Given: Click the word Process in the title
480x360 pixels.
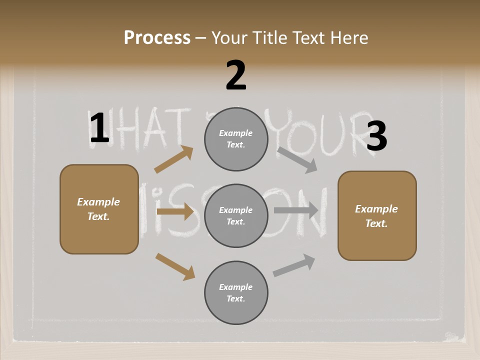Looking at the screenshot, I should click(157, 38).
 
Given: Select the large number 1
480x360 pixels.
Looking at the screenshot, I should click(99, 128).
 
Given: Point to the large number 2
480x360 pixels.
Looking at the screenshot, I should click(236, 76).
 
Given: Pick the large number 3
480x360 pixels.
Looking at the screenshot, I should click(376, 136).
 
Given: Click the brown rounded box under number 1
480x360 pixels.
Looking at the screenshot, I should click(99, 209).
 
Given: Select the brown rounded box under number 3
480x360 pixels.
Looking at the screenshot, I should click(377, 216).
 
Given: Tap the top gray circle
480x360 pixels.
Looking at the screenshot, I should click(236, 139).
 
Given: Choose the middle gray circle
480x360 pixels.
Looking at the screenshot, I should click(236, 216).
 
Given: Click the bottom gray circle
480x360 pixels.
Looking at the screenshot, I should click(236, 293).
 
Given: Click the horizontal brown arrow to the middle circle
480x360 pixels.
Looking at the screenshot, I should click(175, 211).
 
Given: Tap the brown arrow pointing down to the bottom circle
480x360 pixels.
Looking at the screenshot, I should click(175, 266).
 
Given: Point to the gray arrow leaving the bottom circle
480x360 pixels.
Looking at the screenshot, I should click(294, 265).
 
